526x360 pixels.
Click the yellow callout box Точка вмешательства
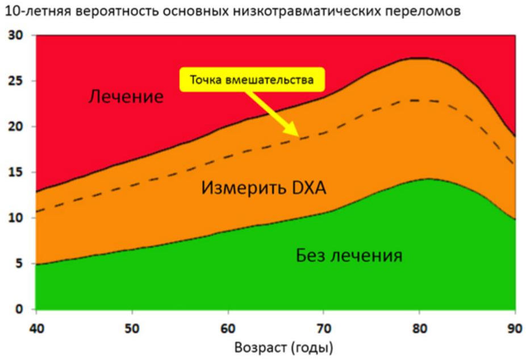[252, 80]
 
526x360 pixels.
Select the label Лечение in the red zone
[126, 97]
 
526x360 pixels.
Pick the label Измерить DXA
[264, 188]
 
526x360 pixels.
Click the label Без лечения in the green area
[349, 256]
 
